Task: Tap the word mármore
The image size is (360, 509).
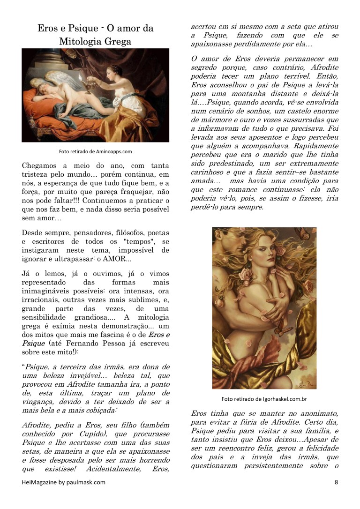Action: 210,120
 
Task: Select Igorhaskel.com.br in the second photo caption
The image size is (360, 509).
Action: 279,399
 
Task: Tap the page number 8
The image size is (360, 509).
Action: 336,482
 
